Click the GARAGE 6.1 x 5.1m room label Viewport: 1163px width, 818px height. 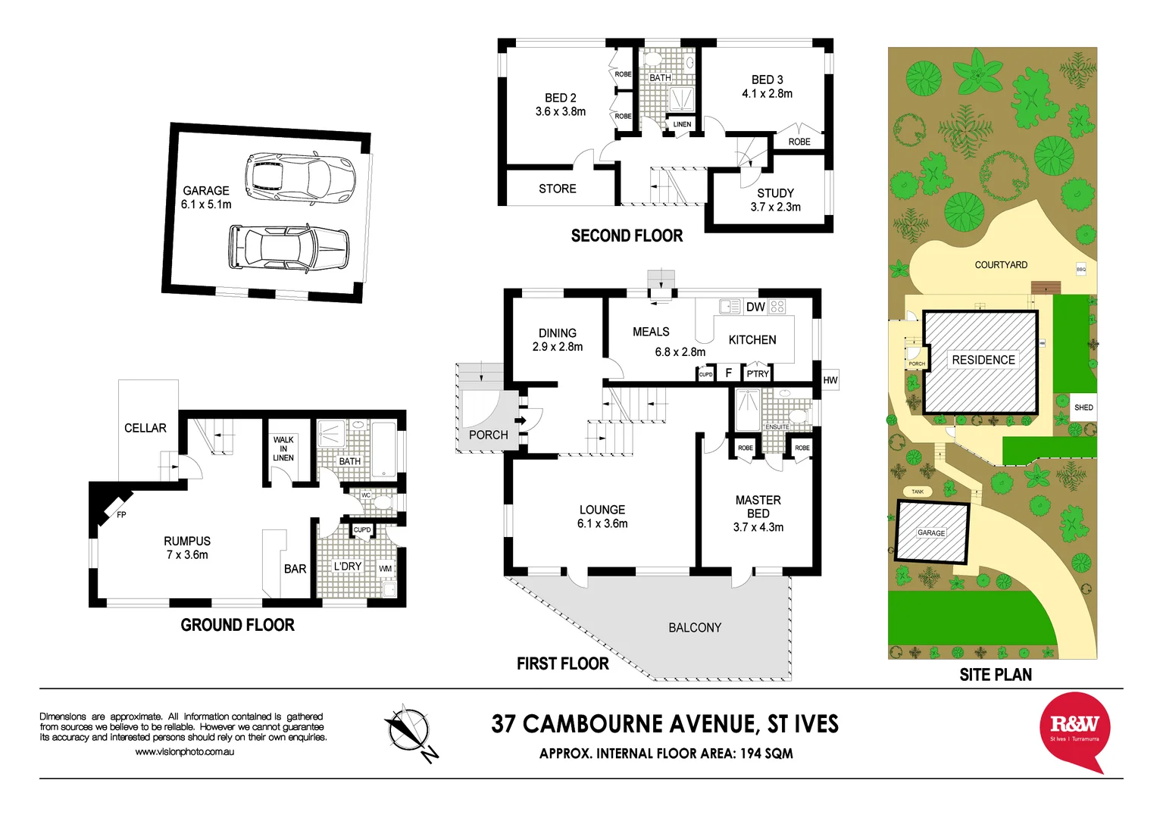coord(206,198)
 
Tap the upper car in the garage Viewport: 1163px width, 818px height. coord(300,179)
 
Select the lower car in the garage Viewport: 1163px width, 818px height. coord(289,247)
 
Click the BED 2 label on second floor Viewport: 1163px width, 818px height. coord(561,105)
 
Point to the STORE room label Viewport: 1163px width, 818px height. coord(558,189)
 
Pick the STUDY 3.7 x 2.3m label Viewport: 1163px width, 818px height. coord(775,200)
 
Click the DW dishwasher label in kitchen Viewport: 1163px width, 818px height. coord(755,307)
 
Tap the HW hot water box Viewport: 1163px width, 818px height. coord(830,380)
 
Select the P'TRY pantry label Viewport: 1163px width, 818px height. coord(758,373)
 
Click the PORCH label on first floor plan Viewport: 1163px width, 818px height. coord(488,435)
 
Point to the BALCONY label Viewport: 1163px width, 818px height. coord(695,627)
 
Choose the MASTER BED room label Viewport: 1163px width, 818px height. coord(758,513)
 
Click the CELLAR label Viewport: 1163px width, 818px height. coord(145,428)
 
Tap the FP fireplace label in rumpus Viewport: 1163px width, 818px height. coord(121,515)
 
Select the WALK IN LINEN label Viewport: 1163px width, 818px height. coord(283,448)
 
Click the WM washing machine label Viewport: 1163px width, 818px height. coord(386,569)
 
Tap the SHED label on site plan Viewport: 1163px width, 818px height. coord(1083,407)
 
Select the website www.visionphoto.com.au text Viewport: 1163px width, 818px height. coord(184,752)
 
